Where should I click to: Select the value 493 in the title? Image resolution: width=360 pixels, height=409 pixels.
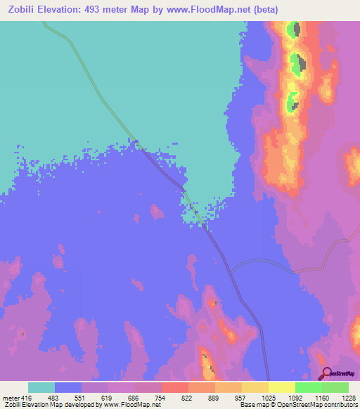[101, 10]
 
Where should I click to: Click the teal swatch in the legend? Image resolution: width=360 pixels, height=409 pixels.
[41, 387]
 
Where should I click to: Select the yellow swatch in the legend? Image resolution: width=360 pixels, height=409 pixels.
[281, 387]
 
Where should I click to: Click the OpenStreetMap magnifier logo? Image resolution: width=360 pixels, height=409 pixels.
[325, 373]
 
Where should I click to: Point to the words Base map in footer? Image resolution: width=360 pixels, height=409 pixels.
[251, 405]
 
